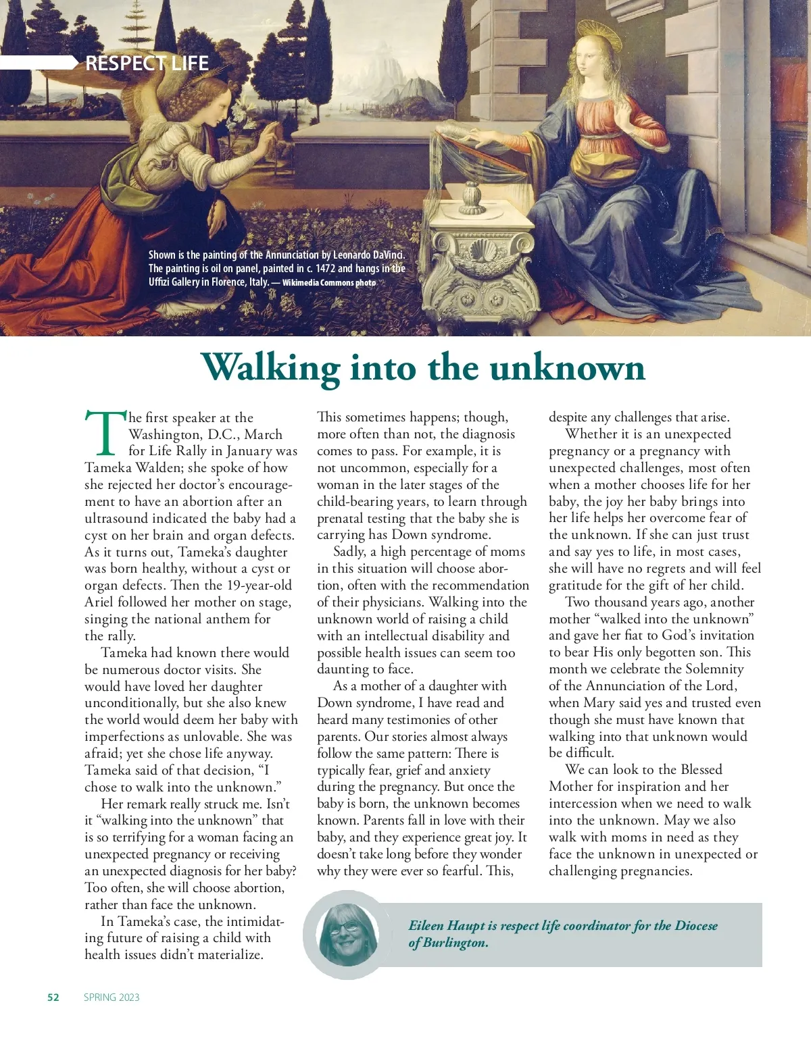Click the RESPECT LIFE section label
pos(147,63)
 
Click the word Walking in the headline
pos(270,369)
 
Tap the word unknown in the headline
pos(567,369)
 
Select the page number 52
pos(53,997)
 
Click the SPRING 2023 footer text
pos(112,997)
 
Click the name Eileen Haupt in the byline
pos(446,926)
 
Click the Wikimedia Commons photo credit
pos(328,283)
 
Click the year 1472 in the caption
pos(325,269)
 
